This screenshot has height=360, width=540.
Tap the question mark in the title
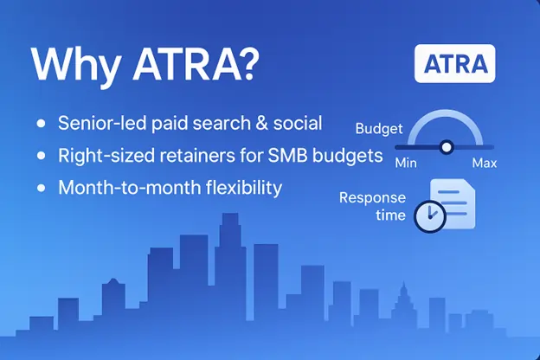pyautogui.click(x=248, y=63)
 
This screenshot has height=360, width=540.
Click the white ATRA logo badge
pyautogui.click(x=454, y=63)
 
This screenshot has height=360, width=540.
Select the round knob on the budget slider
pyautogui.click(x=447, y=147)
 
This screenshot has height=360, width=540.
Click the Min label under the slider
pyautogui.click(x=406, y=163)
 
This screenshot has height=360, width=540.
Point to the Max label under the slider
pyautogui.click(x=485, y=163)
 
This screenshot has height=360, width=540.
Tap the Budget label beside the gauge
pyautogui.click(x=379, y=129)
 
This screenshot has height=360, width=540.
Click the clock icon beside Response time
pyautogui.click(x=430, y=216)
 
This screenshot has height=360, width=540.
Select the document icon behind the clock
pyautogui.click(x=453, y=203)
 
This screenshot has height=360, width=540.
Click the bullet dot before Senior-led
pyautogui.click(x=41, y=124)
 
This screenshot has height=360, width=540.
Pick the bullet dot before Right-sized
pyautogui.click(x=41, y=156)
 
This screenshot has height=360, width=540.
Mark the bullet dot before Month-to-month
pyautogui.click(x=41, y=188)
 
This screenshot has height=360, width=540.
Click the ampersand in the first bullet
pyautogui.click(x=261, y=124)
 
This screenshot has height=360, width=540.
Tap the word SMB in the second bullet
pyautogui.click(x=287, y=156)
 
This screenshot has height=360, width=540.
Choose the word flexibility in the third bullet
pyautogui.click(x=244, y=188)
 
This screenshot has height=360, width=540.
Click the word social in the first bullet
pyautogui.click(x=298, y=124)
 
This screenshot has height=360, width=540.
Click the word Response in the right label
pyautogui.click(x=372, y=198)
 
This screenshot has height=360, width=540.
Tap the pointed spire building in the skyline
pyautogui.click(x=403, y=303)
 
